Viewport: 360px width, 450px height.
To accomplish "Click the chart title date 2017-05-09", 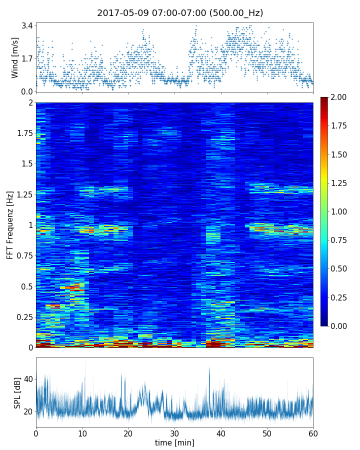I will [120, 13].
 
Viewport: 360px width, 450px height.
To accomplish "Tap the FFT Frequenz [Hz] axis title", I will [10, 225].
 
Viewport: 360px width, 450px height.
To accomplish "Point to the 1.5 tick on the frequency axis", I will [26, 164].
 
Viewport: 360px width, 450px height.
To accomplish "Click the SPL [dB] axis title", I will [17, 392].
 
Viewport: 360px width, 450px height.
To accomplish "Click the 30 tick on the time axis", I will [174, 432].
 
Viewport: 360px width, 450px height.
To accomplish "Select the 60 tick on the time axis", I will [313, 432].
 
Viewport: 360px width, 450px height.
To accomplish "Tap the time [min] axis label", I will [174, 442].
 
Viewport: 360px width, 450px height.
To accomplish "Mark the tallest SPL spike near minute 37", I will [209, 368].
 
